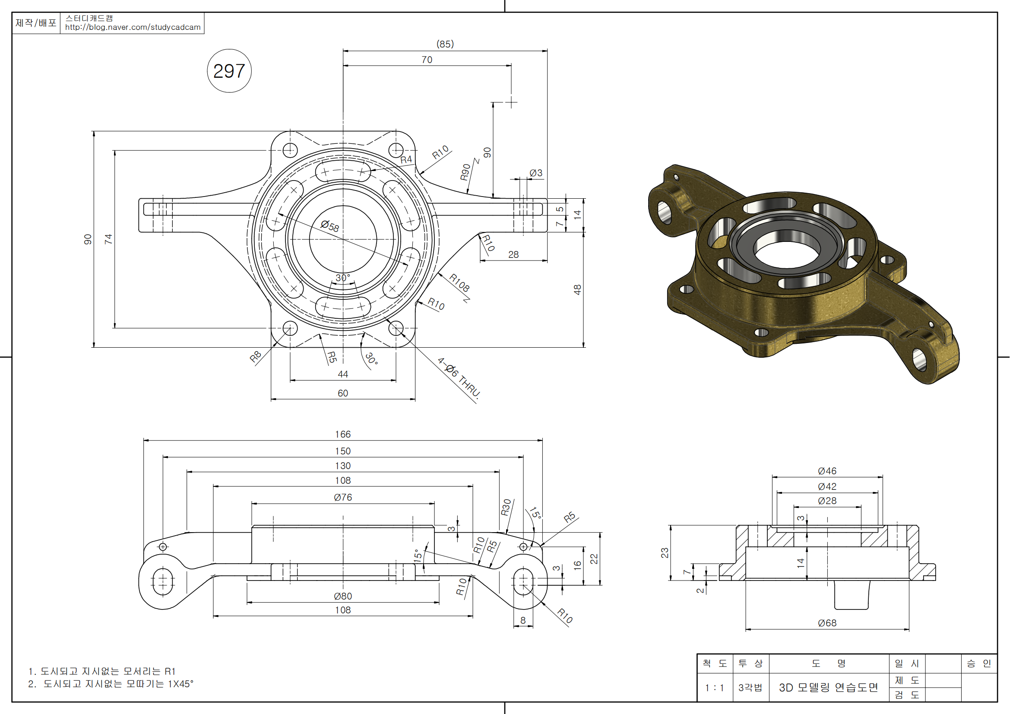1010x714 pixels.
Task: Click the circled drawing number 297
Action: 229,71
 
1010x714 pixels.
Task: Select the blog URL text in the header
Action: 133,27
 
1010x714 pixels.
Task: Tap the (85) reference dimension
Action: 445,44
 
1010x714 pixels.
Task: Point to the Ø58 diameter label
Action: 329,226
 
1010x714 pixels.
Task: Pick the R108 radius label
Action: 459,283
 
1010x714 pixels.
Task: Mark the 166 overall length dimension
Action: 343,434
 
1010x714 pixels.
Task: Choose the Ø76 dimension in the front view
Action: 343,497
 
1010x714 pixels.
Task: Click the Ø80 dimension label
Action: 343,596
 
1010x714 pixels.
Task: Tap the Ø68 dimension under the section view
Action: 827,623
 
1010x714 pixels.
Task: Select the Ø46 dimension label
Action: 827,471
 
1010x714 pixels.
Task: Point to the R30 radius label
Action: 506,507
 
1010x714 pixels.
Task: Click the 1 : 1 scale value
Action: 714,688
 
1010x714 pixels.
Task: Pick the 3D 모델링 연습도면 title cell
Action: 828,688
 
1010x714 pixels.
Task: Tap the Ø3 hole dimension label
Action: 536,173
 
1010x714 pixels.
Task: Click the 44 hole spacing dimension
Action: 343,374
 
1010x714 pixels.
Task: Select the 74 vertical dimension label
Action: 108,239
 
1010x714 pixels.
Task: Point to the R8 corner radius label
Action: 256,356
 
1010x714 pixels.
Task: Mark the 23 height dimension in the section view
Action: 664,552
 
